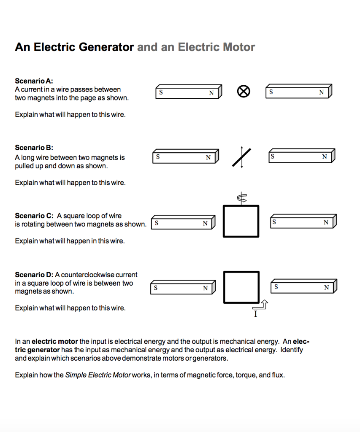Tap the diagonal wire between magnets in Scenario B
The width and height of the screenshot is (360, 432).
(241, 157)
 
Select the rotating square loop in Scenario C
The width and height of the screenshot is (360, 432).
(241, 221)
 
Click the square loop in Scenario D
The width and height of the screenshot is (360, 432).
(241, 287)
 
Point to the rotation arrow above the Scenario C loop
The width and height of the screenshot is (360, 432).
(241, 197)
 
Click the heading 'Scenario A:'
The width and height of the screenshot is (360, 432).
(34, 81)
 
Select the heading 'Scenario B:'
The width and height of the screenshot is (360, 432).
(34, 148)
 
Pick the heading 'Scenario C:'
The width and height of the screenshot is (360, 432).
(34, 216)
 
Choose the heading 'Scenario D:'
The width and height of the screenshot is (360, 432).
(34, 275)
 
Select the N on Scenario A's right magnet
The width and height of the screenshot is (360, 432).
(322, 92)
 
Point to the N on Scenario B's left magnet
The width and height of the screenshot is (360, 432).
(208, 157)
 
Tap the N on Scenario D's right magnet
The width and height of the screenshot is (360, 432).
(326, 288)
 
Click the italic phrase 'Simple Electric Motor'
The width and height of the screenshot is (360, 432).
(98, 375)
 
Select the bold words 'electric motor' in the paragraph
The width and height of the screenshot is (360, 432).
(55, 341)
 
